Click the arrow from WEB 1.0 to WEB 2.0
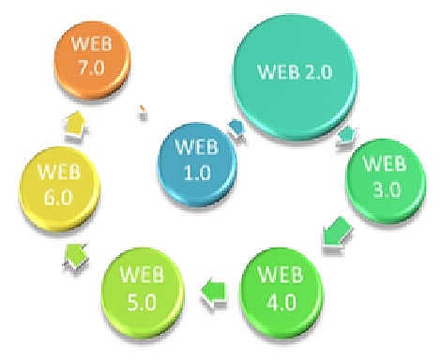point(236,124)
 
